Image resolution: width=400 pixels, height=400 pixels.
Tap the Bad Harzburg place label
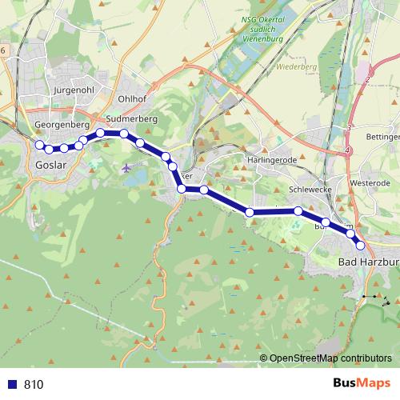(369, 262)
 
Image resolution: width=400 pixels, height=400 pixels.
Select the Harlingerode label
(271, 160)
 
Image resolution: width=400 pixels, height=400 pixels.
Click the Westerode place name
(369, 182)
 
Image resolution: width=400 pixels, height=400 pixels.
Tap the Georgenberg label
(62, 126)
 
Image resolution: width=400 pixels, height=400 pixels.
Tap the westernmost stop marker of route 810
(38, 144)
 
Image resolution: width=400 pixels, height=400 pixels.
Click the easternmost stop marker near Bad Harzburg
(360, 246)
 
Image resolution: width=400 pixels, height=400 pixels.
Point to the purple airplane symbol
(126, 167)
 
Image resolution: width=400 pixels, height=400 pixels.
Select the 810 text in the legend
(34, 384)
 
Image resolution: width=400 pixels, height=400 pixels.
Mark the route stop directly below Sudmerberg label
(124, 134)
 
